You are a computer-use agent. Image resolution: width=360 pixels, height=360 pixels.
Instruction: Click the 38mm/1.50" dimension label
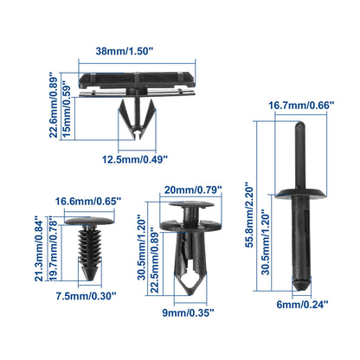tap(124, 51)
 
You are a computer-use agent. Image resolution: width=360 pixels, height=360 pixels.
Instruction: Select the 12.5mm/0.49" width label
tap(135, 159)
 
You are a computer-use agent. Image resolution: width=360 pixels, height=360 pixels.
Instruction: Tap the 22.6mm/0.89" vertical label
tap(54, 105)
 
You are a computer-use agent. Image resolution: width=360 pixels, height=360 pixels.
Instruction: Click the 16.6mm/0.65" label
tap(88, 201)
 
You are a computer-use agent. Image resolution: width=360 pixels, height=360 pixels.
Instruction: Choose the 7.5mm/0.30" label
tap(86, 296)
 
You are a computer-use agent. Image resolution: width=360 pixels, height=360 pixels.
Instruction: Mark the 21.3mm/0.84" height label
tap(39, 248)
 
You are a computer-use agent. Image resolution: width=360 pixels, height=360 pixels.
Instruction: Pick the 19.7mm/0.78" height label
tap(52, 251)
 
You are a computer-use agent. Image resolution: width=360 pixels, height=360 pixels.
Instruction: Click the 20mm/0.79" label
tap(193, 190)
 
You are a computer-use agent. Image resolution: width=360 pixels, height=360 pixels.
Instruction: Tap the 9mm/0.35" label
tap(188, 312)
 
